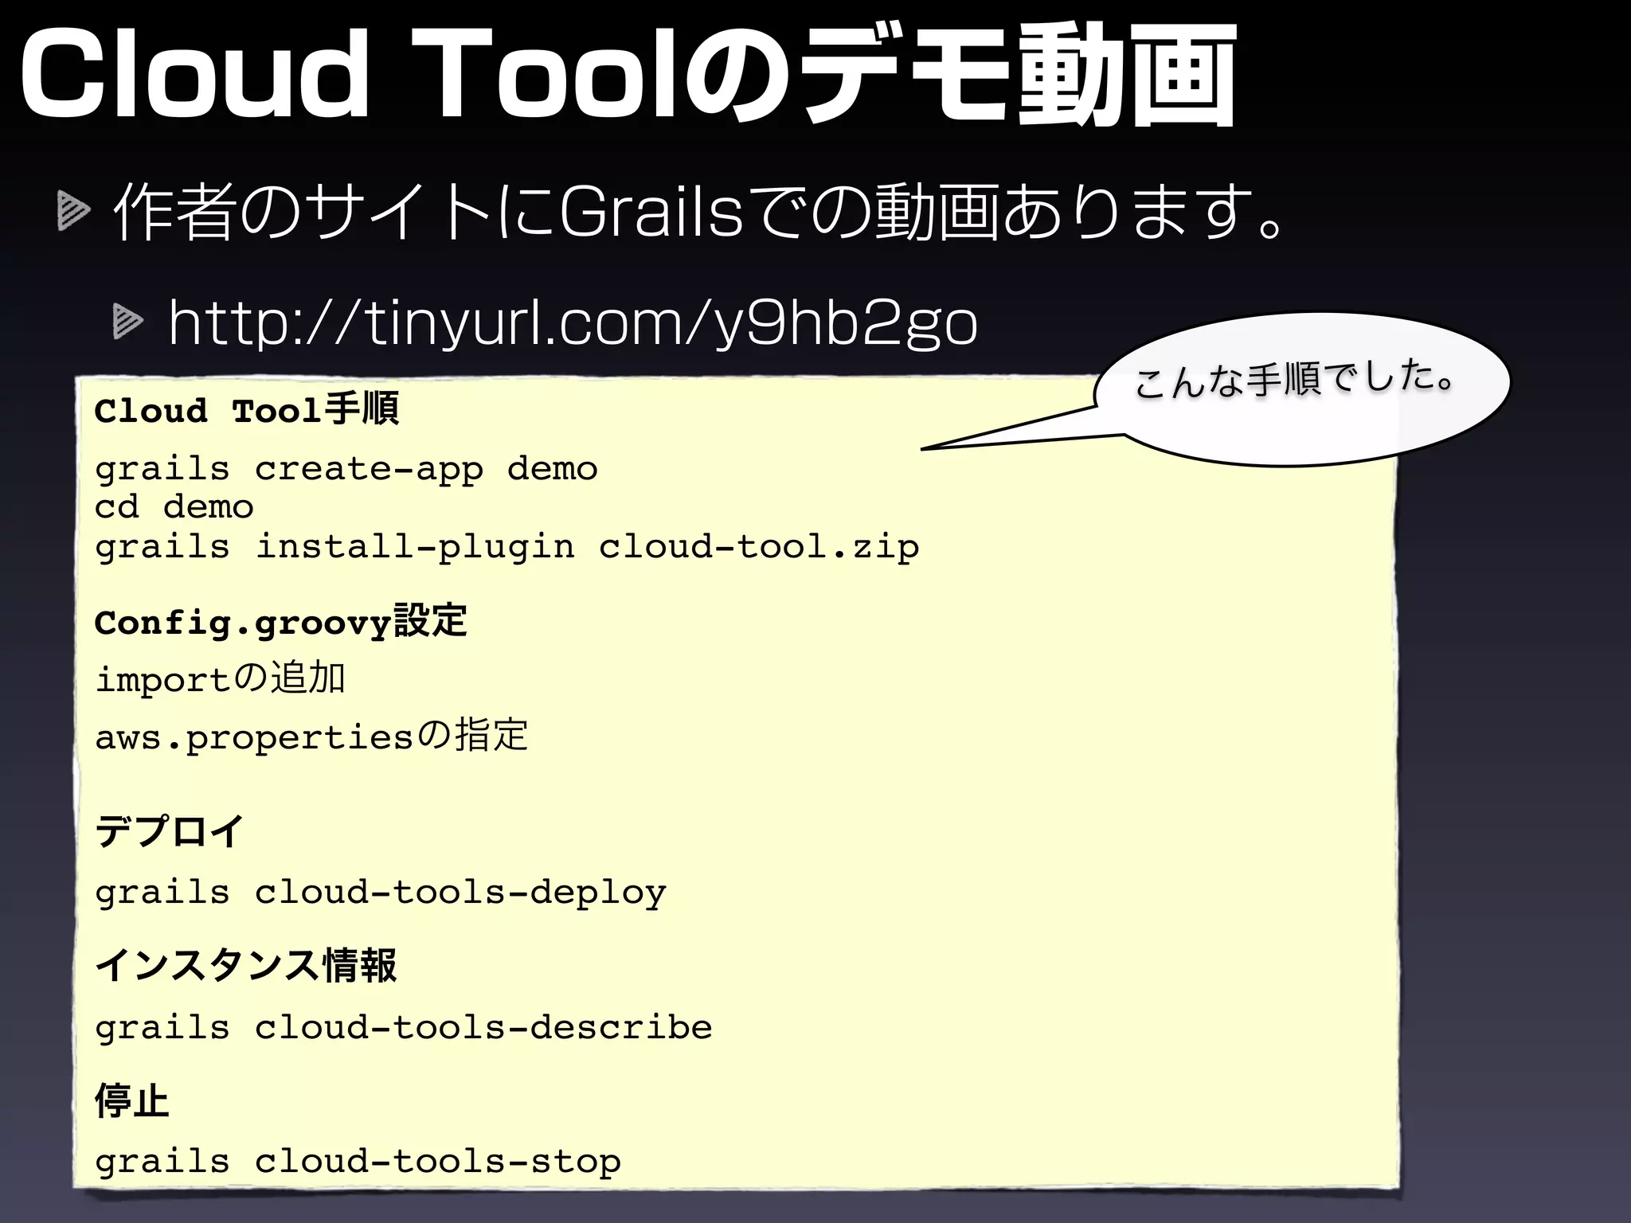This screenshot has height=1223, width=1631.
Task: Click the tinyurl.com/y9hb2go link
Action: [x=573, y=324]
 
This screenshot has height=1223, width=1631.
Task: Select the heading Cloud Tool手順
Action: [x=246, y=411]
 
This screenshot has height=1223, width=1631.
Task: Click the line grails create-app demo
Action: [x=346, y=469]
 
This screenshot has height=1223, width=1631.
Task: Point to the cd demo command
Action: [x=174, y=507]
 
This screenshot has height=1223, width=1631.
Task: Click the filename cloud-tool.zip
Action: [x=758, y=547]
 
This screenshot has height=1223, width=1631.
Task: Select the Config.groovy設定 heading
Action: [x=280, y=622]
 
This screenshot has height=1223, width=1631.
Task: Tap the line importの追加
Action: [x=220, y=679]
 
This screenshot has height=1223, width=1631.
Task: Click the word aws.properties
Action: [x=254, y=737]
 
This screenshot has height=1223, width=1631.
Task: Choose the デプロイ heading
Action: [x=169, y=832]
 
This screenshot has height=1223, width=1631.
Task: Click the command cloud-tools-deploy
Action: [x=460, y=893]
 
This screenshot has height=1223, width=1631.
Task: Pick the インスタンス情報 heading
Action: [x=245, y=966]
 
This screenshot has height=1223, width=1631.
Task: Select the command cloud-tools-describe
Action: [x=483, y=1027]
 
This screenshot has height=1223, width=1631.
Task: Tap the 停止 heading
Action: [x=131, y=1101]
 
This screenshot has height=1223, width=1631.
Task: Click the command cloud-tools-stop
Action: [x=437, y=1162]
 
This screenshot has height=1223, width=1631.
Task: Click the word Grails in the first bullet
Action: [x=651, y=213]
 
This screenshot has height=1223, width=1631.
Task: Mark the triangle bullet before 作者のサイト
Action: [x=73, y=213]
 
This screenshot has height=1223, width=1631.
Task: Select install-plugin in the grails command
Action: [x=414, y=547]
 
